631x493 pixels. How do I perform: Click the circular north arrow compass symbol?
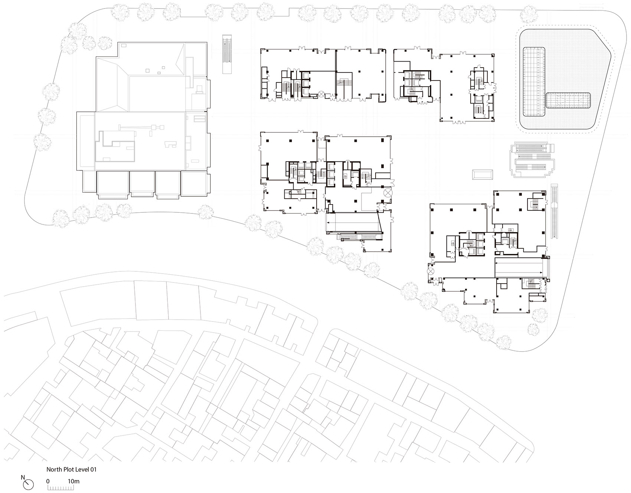28,484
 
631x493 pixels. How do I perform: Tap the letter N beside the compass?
23,477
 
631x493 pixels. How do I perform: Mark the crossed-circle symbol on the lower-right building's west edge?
431,271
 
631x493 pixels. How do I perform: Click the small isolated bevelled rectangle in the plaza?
483,174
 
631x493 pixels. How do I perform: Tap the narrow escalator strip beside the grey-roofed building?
227,54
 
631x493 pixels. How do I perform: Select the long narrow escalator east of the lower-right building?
555,211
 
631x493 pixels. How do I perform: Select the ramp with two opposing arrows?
521,268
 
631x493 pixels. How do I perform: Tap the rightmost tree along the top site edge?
529,14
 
